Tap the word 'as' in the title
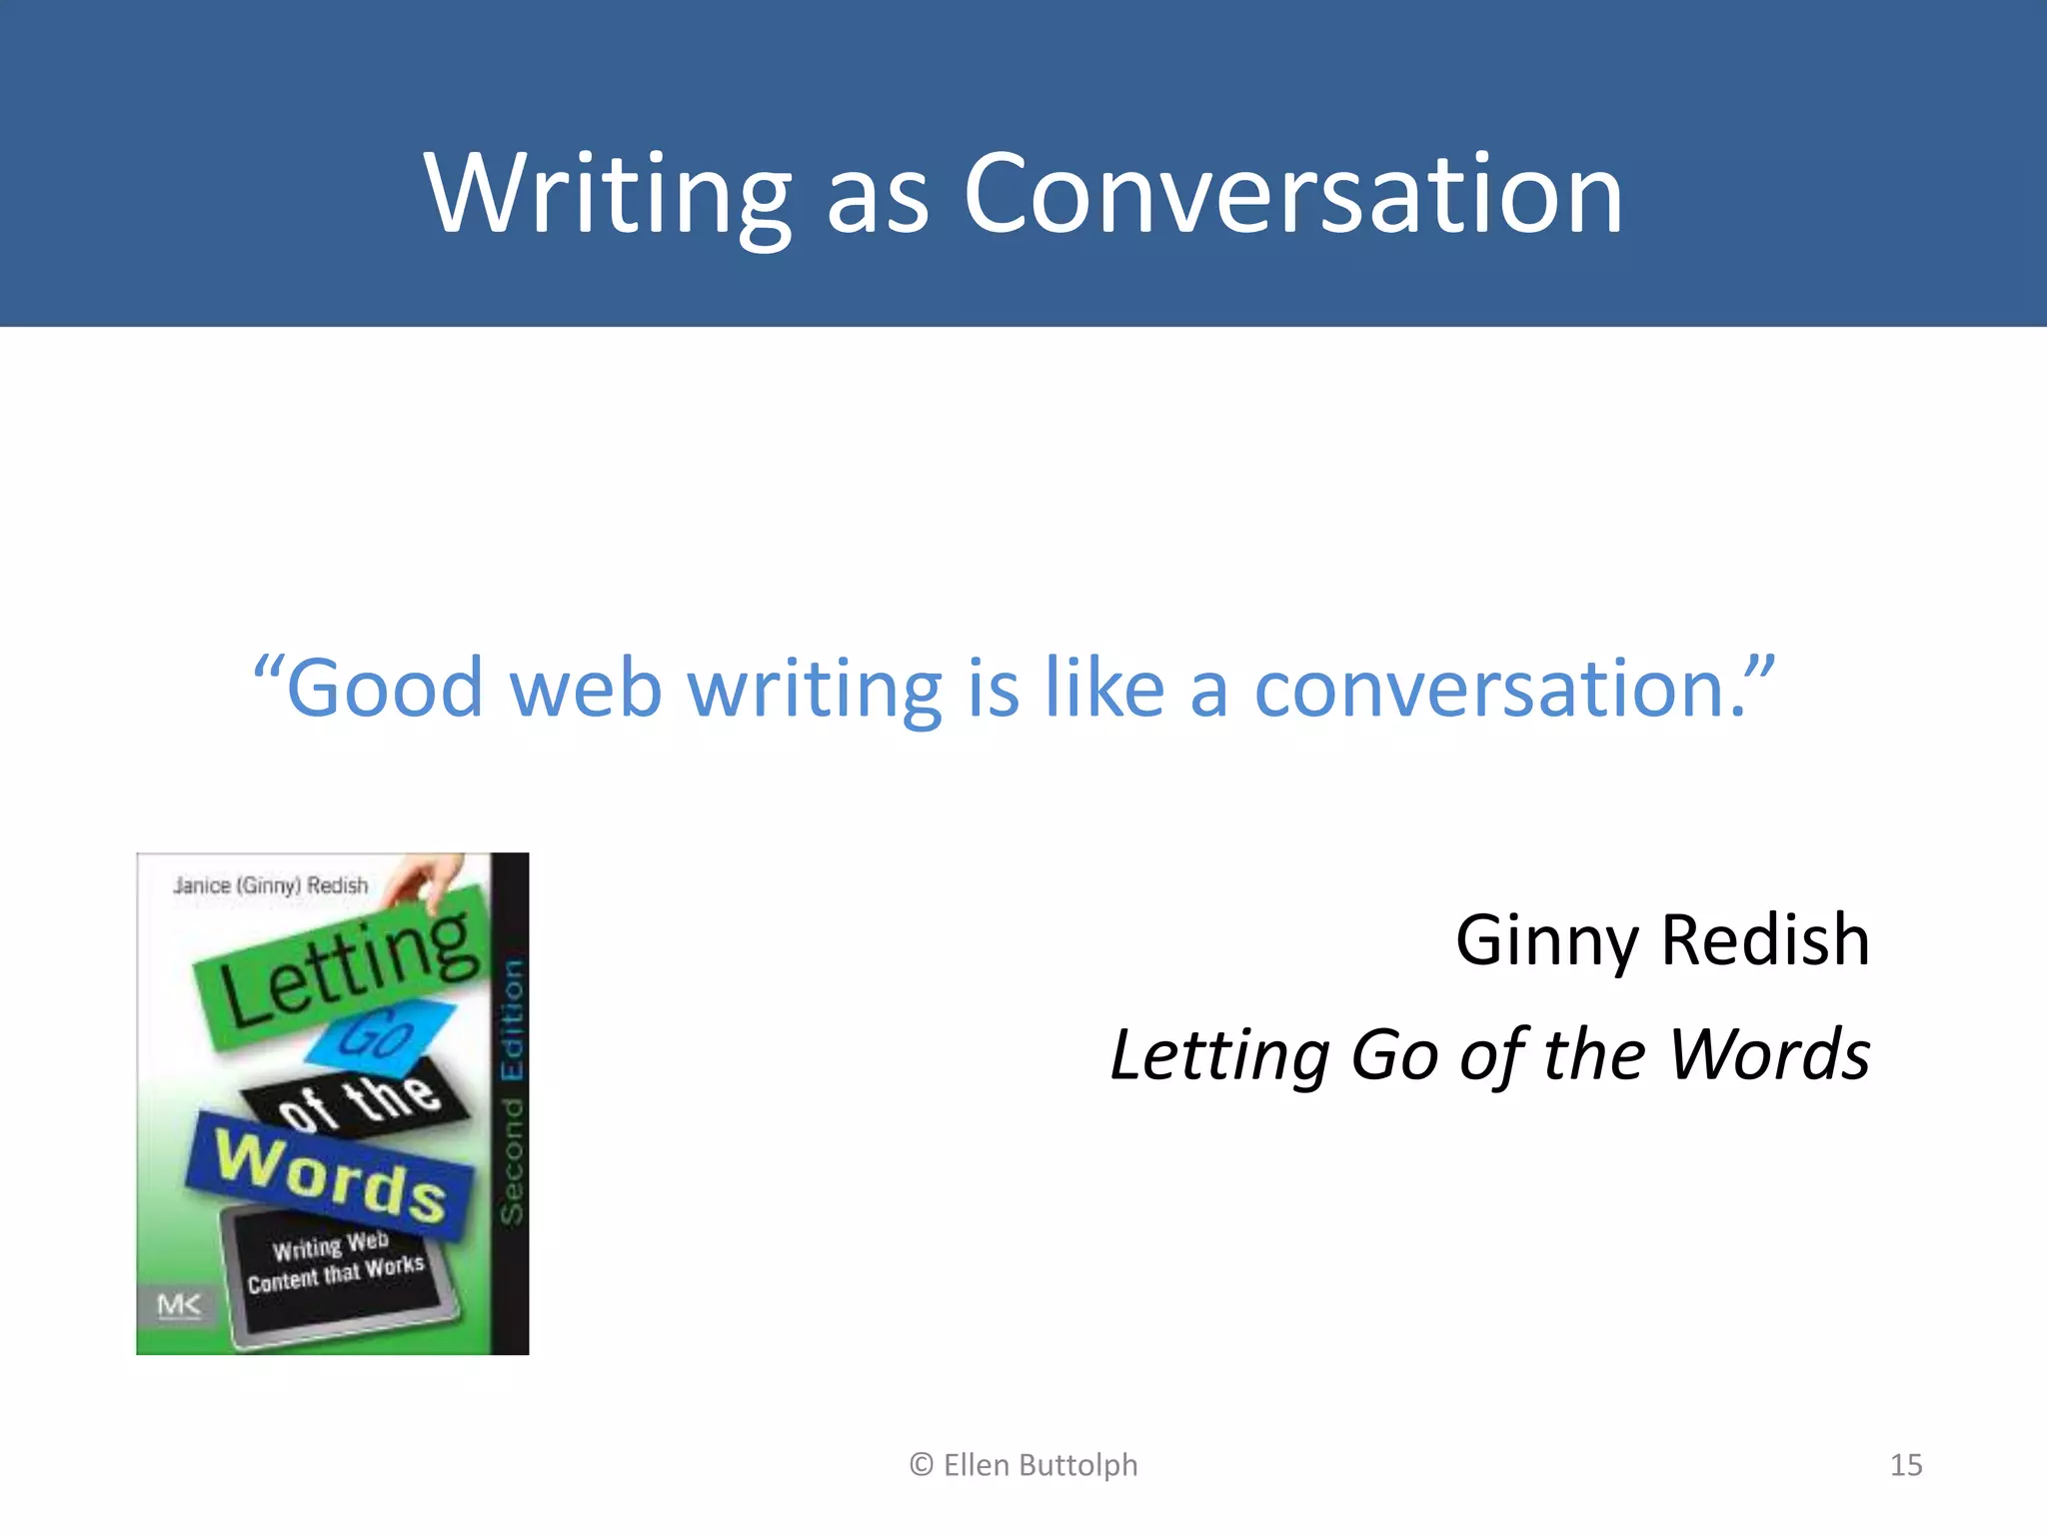(877, 200)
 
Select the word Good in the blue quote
(385, 689)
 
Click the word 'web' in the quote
(585, 689)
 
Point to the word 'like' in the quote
(1103, 689)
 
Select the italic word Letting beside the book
(1219, 1056)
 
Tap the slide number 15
(1905, 1465)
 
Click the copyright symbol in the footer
(921, 1465)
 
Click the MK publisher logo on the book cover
(179, 1305)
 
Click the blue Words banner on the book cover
(330, 1175)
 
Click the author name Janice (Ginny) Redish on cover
(270, 885)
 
